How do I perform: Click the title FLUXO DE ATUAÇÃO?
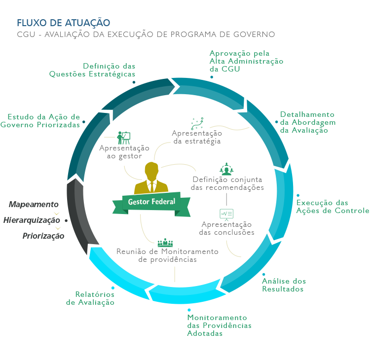tap(63, 23)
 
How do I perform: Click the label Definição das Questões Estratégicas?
tap(92, 70)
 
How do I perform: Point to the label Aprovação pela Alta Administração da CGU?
tap(246, 61)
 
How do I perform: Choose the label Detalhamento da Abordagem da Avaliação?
tap(307, 122)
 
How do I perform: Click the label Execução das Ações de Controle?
tap(332, 207)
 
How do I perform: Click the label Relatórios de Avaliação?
tap(90, 298)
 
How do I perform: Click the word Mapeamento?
tap(34, 205)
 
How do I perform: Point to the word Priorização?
tap(43, 236)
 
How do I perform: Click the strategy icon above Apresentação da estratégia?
tap(197, 123)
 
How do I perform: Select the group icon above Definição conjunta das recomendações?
tap(226, 169)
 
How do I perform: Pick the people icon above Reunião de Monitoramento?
tap(165, 243)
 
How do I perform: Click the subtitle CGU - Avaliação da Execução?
tap(146, 35)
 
